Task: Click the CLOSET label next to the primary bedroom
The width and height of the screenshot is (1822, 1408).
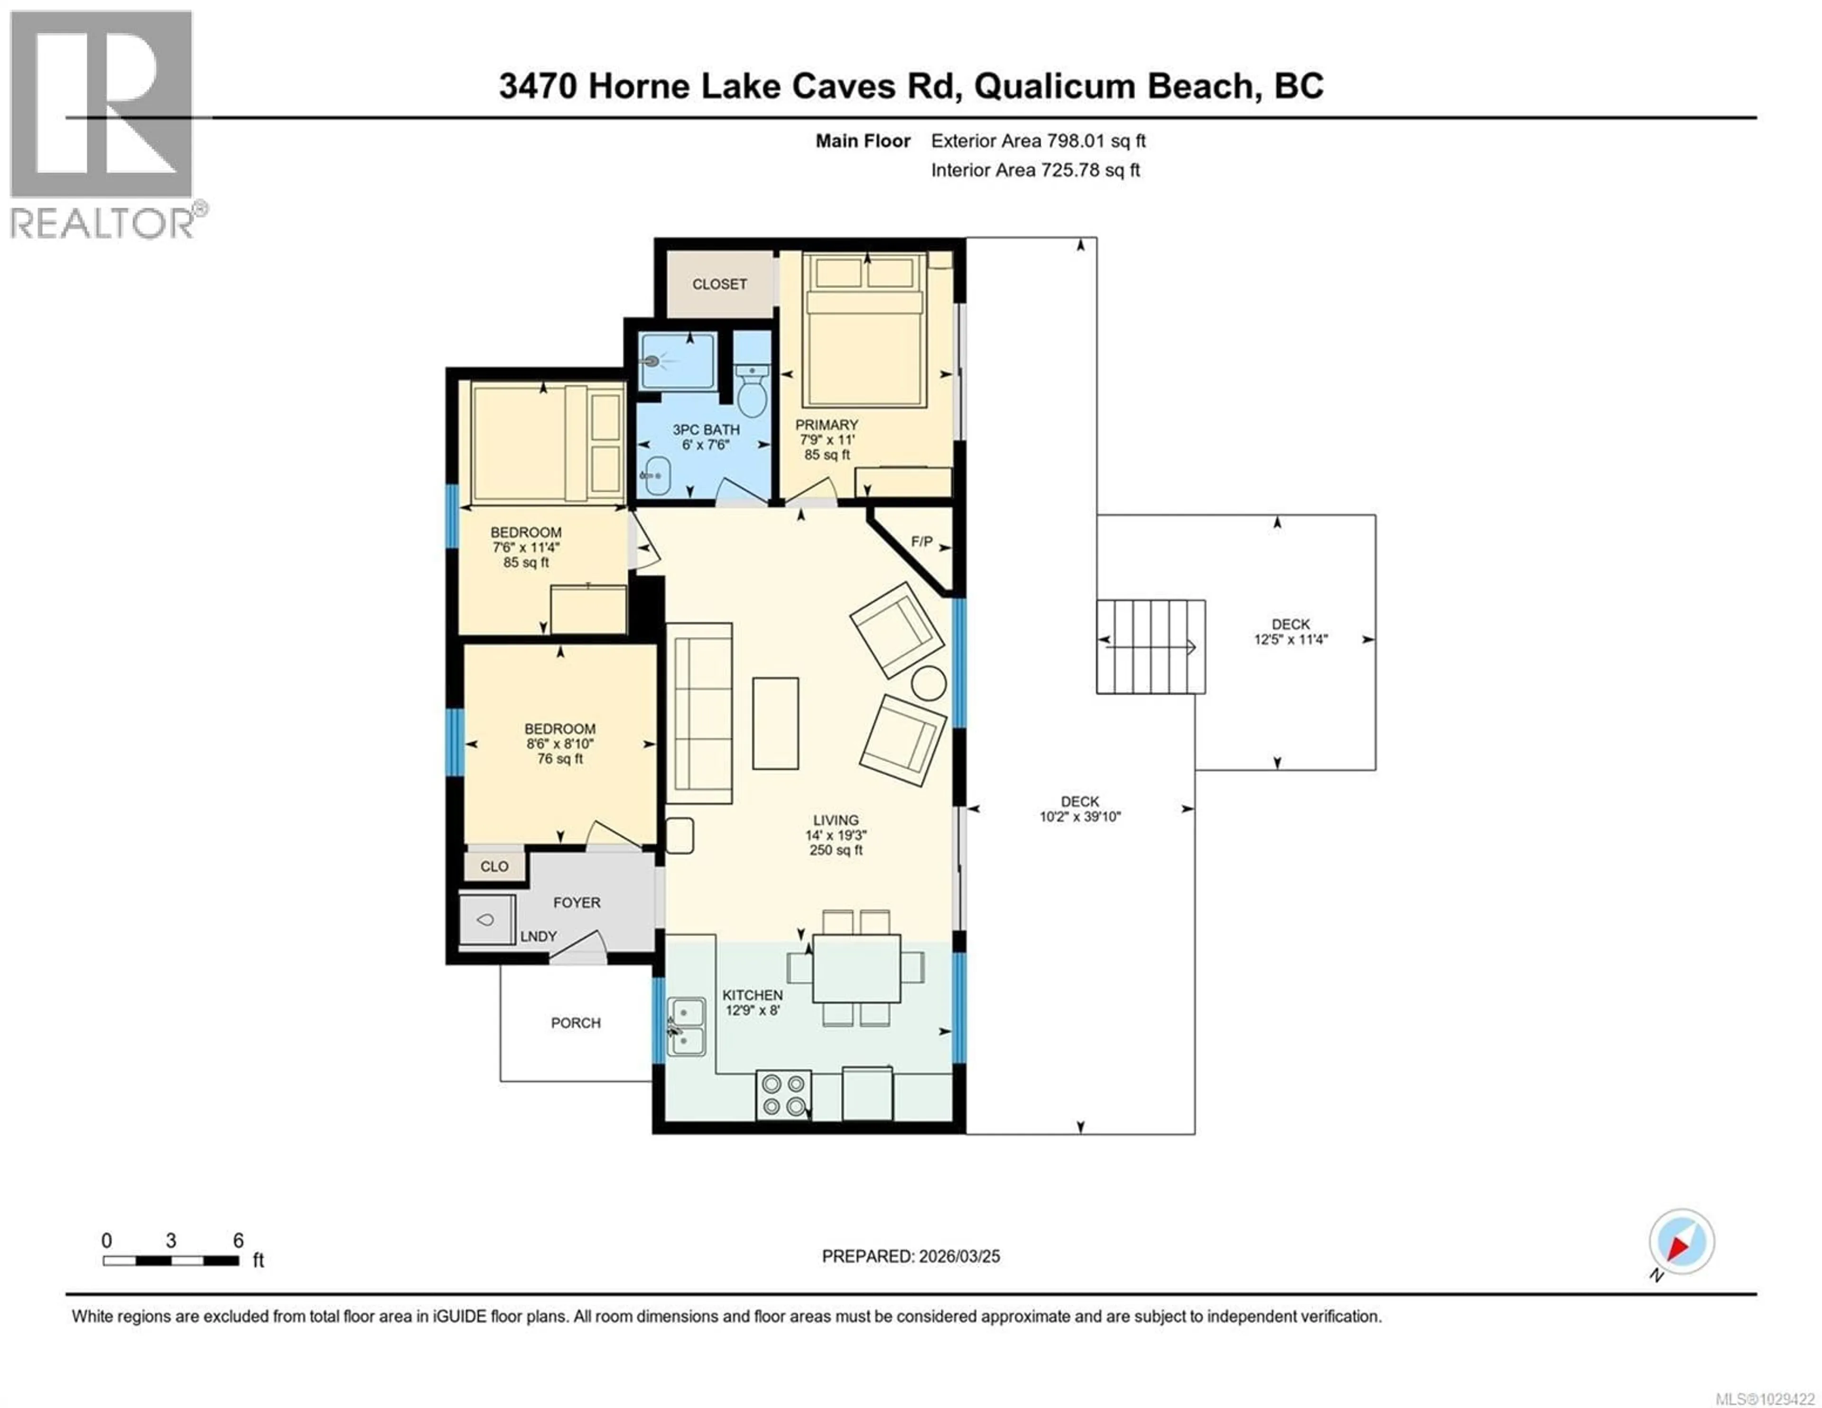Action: [x=719, y=285]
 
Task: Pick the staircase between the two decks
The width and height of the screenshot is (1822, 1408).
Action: [x=1151, y=647]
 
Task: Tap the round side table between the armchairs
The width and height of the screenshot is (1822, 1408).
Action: [x=929, y=683]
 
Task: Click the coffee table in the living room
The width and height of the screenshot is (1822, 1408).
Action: [x=775, y=723]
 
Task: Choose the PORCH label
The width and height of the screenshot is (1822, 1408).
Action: [x=576, y=1023]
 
